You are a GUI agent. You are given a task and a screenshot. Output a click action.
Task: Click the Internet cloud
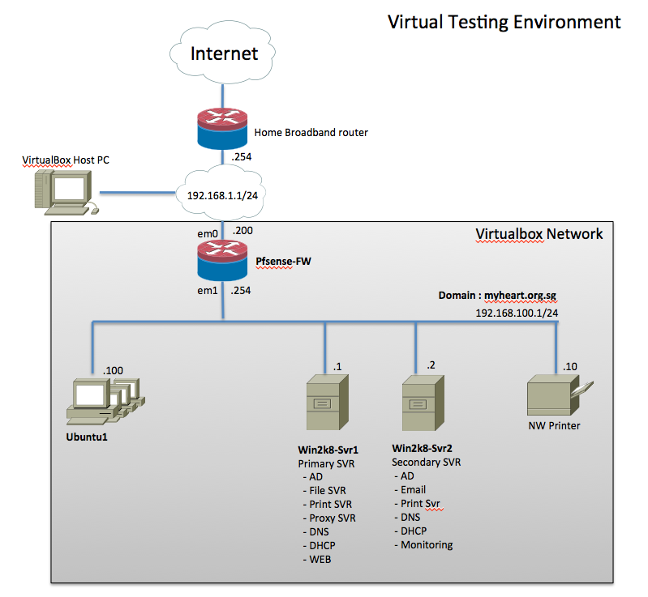coord(223,54)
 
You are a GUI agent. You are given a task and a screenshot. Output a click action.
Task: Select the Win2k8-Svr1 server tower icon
coord(324,403)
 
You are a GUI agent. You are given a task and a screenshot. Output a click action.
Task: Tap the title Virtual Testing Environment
coord(504,21)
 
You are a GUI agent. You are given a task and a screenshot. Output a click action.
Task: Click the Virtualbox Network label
coord(539,234)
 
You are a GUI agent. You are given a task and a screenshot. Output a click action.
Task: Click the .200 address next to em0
coord(242,231)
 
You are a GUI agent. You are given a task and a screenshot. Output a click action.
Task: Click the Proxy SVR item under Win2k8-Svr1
coord(333,518)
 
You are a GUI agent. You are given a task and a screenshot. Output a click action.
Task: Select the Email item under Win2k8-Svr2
coord(413,489)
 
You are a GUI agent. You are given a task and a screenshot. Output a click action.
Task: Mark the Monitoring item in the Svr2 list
coord(427,544)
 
